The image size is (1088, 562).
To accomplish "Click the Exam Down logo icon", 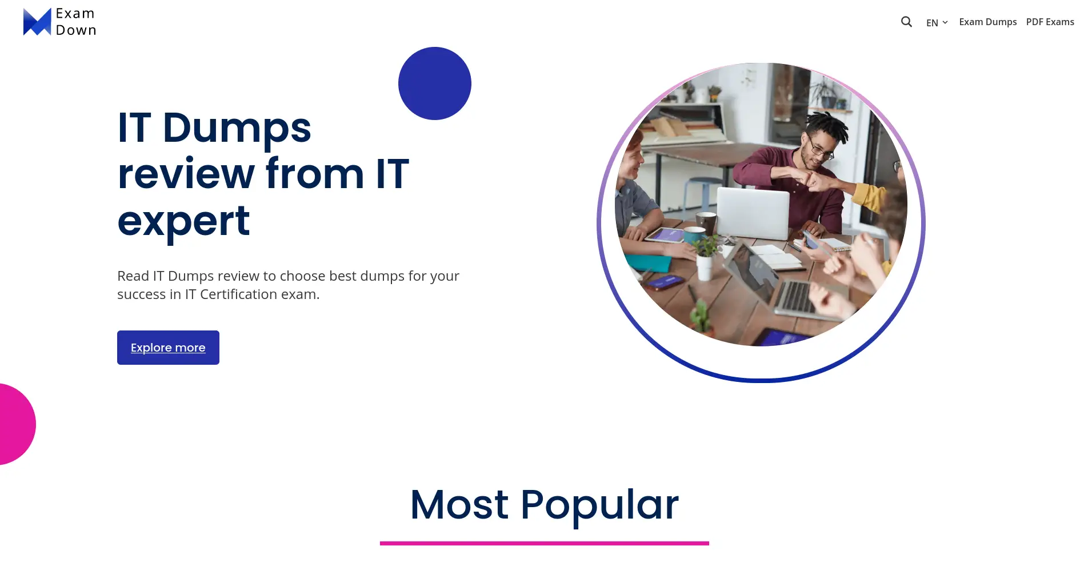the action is coord(37,22).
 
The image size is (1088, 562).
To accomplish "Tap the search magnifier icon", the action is coord(906,22).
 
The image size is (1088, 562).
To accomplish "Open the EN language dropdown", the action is coord(937,22).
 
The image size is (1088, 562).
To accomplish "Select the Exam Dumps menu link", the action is coord(988,22).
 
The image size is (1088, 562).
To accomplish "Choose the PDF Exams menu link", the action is coord(1050,22).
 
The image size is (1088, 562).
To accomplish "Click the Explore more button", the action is coord(168,348).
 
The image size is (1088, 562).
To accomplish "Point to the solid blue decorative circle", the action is coord(435,83).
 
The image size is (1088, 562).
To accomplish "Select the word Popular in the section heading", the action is coord(599,506).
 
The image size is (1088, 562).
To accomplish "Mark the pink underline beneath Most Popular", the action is coord(545,543).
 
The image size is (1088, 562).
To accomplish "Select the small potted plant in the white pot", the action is coord(706,257).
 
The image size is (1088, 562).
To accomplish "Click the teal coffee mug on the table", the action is coord(694,236).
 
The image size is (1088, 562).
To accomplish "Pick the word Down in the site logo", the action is coord(76,30).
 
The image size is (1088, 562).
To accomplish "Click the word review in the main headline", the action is coord(186,174).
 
